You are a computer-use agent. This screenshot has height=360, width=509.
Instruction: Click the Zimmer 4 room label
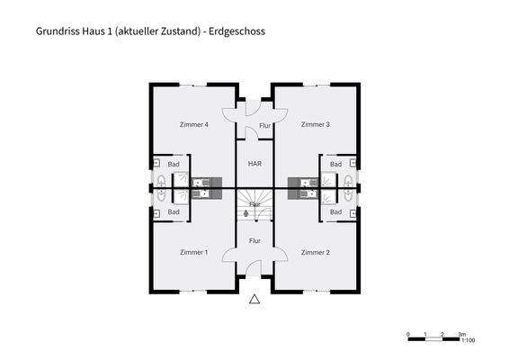tap(193, 124)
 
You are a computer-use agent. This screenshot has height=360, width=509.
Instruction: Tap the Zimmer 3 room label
tap(315, 124)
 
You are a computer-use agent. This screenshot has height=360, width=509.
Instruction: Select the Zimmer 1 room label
tap(193, 252)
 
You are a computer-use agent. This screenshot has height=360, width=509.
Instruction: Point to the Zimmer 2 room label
tap(315, 252)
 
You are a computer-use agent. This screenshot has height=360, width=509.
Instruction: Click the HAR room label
tap(254, 164)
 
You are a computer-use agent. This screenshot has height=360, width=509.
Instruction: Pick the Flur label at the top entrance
tap(264, 127)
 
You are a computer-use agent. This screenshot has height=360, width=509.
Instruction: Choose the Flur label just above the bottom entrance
tap(254, 240)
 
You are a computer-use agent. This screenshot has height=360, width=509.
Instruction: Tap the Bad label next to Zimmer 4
tap(174, 164)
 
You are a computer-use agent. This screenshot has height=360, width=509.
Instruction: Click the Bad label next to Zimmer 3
tap(335, 164)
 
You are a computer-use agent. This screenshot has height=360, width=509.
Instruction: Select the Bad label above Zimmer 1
tap(174, 211)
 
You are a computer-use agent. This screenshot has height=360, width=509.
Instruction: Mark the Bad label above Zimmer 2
tap(335, 211)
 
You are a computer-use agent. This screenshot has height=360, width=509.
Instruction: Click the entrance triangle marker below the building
tap(254, 300)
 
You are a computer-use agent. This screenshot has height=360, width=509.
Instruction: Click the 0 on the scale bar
tap(408, 333)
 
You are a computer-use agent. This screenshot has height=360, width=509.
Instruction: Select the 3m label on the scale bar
tap(460, 333)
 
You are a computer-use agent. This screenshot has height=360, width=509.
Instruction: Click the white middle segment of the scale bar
tap(434, 338)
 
